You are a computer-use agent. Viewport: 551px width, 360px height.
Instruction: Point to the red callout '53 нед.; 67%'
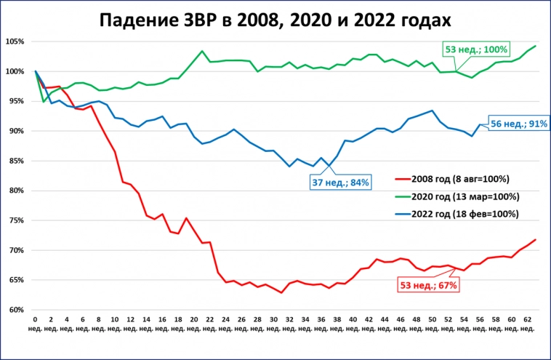point(429,285)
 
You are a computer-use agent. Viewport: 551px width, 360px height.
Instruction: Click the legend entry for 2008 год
point(458,179)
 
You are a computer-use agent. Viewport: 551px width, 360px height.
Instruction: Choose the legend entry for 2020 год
point(458,196)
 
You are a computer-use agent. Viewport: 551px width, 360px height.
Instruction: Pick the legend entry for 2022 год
point(458,214)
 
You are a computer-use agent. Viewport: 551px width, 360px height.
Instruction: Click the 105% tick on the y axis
point(17,41)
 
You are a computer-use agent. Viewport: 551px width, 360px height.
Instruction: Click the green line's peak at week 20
point(201,51)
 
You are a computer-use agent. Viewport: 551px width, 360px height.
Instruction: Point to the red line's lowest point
point(281,292)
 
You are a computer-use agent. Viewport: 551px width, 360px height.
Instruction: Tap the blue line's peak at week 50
point(433,111)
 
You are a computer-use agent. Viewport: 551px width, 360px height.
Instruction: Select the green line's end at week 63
point(536,46)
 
